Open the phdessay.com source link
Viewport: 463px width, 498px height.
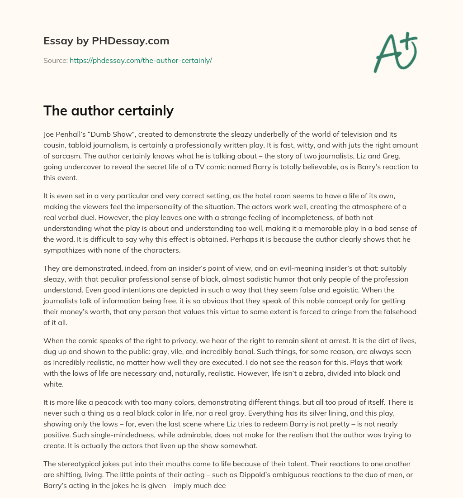click(141, 60)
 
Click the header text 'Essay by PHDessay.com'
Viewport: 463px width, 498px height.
click(106, 41)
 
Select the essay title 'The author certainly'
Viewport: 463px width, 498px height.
click(109, 110)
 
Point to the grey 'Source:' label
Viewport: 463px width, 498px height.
click(56, 60)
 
